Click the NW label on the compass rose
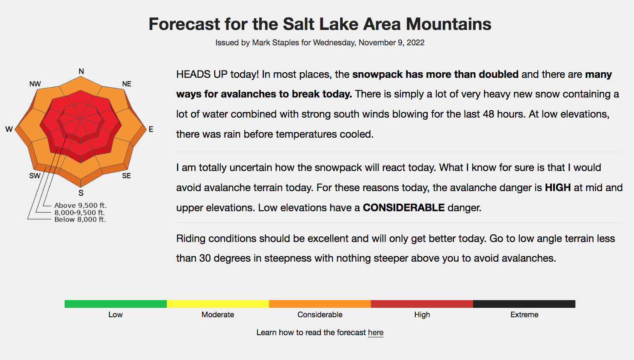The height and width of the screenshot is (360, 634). pyautogui.click(x=35, y=84)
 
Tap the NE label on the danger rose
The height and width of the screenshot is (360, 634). pyautogui.click(x=127, y=84)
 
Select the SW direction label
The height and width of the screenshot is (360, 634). pyautogui.click(x=35, y=176)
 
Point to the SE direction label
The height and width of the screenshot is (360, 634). pyautogui.click(x=126, y=176)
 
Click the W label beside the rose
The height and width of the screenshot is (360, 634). pyautogui.click(x=9, y=129)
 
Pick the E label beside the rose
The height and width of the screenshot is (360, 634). pyautogui.click(x=151, y=129)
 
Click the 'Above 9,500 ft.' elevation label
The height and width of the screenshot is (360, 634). pyautogui.click(x=80, y=205)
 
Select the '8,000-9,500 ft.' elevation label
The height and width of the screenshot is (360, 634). pyautogui.click(x=80, y=212)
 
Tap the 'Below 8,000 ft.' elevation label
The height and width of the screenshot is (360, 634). pyautogui.click(x=80, y=219)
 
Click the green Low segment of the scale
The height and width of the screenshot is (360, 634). pyautogui.click(x=116, y=304)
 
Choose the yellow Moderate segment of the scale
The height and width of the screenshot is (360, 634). pyautogui.click(x=218, y=304)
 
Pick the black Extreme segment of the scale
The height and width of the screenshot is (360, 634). pyautogui.click(x=524, y=304)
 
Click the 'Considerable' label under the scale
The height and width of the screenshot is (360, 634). pyautogui.click(x=320, y=315)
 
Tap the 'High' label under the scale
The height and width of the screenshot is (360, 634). pyautogui.click(x=422, y=315)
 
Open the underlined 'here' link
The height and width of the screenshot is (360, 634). pyautogui.click(x=376, y=332)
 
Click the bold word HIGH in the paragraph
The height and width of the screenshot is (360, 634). pyautogui.click(x=558, y=188)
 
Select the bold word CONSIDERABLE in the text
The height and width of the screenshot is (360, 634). pyautogui.click(x=404, y=207)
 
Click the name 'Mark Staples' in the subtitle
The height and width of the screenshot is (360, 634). pyautogui.click(x=276, y=42)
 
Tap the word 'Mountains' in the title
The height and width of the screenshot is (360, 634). pyautogui.click(x=449, y=24)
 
